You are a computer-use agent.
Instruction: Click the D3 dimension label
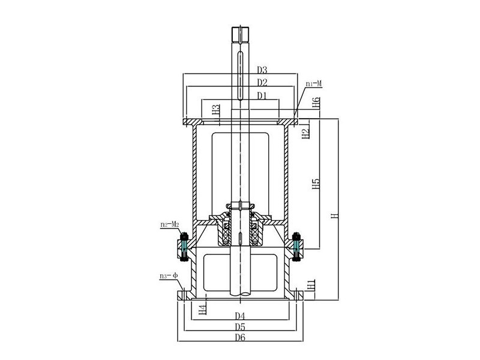click(262, 70)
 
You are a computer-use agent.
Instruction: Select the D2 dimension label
click(262, 82)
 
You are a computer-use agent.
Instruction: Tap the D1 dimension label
click(262, 95)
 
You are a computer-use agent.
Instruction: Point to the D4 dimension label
click(240, 316)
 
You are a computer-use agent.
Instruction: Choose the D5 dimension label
click(240, 327)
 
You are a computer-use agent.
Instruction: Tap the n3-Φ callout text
click(168, 276)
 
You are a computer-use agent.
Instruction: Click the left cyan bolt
click(184, 245)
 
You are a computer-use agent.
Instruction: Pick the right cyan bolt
click(296, 245)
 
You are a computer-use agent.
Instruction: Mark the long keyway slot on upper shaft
click(240, 75)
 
